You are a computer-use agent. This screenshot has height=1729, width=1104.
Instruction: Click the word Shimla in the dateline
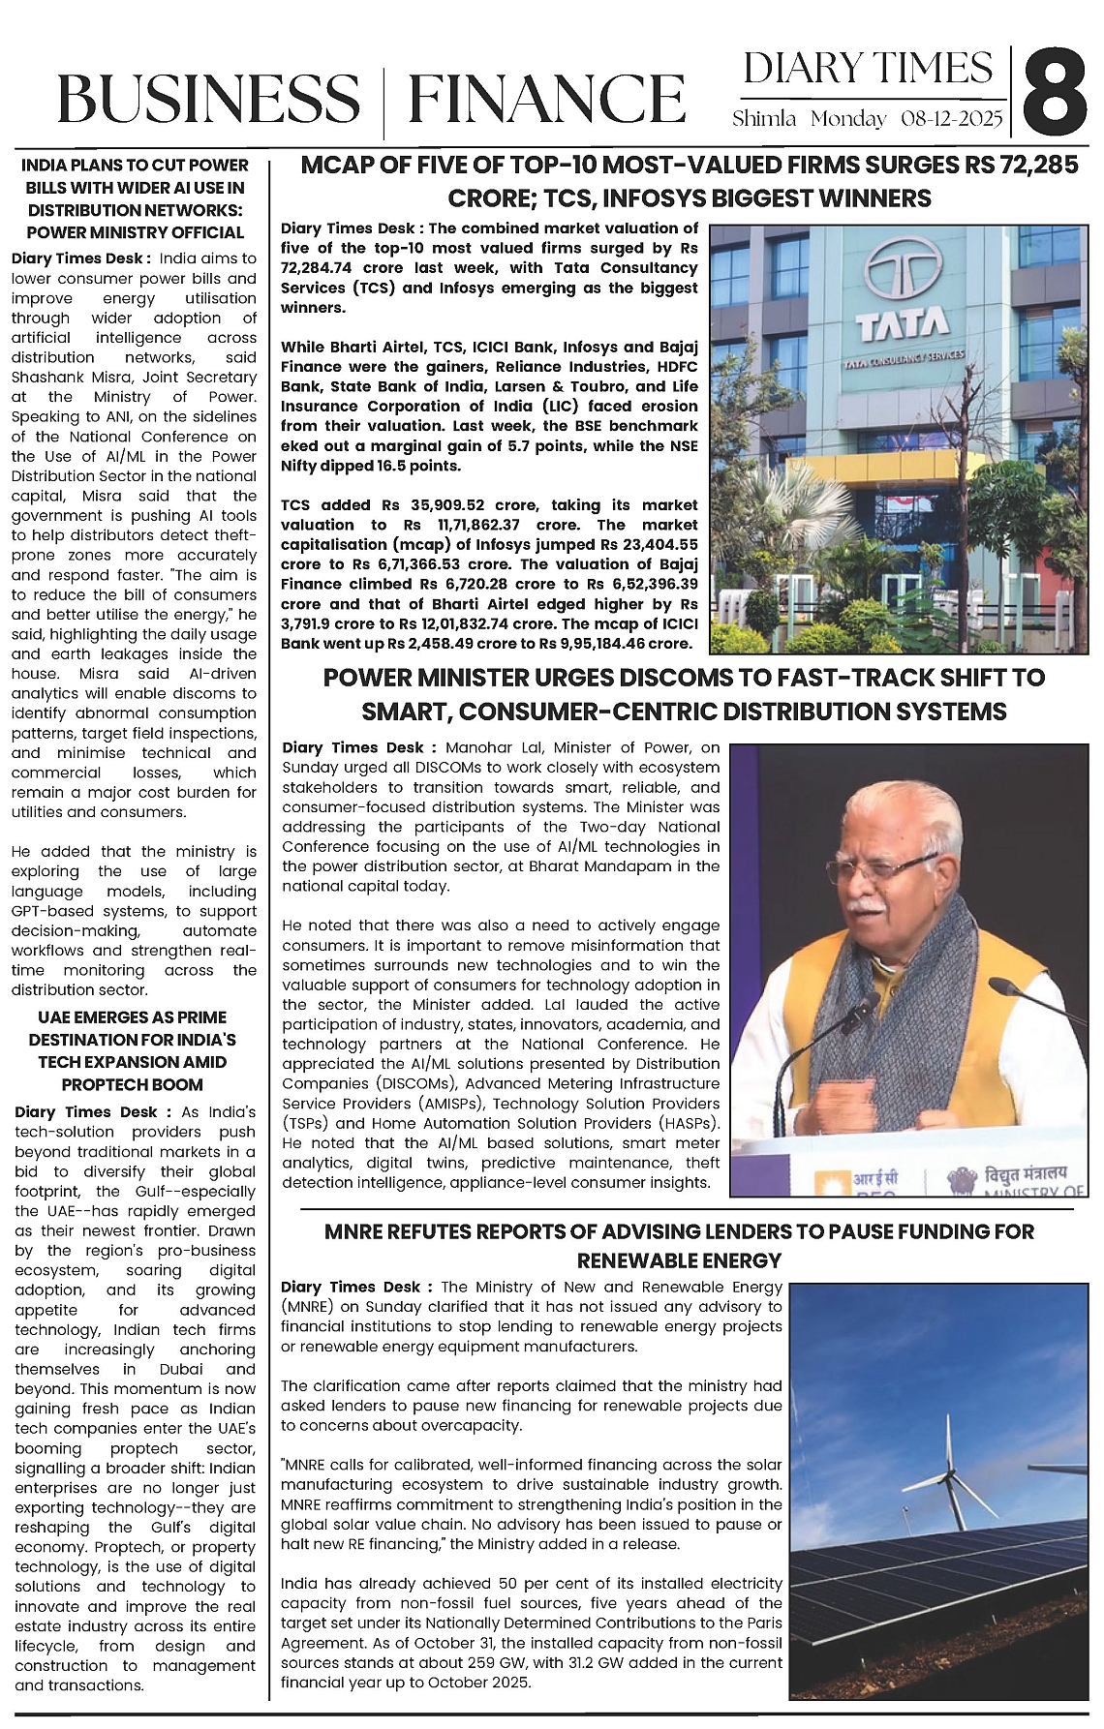point(764,120)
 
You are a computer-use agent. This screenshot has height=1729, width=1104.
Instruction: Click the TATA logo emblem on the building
point(905,272)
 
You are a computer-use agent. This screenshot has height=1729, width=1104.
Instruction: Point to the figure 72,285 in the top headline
point(1037,166)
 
